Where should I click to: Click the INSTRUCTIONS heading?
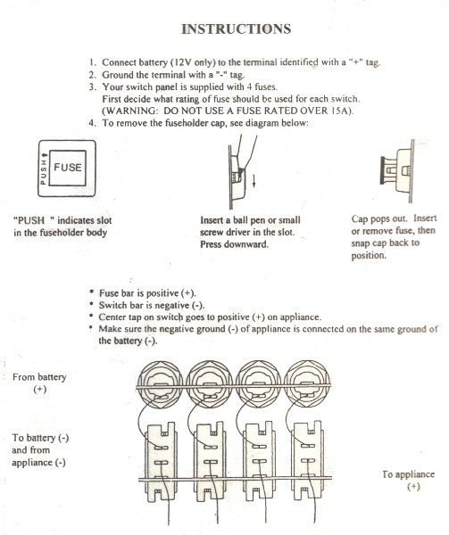[x=236, y=29]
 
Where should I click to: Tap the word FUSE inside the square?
[x=68, y=168]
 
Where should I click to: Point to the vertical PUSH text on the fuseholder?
[x=44, y=169]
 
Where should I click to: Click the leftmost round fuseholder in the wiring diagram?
[x=160, y=383]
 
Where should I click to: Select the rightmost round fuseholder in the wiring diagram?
[x=307, y=383]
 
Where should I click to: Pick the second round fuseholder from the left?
[x=209, y=383]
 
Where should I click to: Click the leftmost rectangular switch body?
[x=161, y=461]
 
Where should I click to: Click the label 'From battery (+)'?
[x=39, y=383]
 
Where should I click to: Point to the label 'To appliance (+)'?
[x=409, y=480]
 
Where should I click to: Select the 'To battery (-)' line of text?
[x=40, y=438]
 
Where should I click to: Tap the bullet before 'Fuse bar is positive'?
[x=91, y=292]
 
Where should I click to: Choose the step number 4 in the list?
[x=92, y=123]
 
